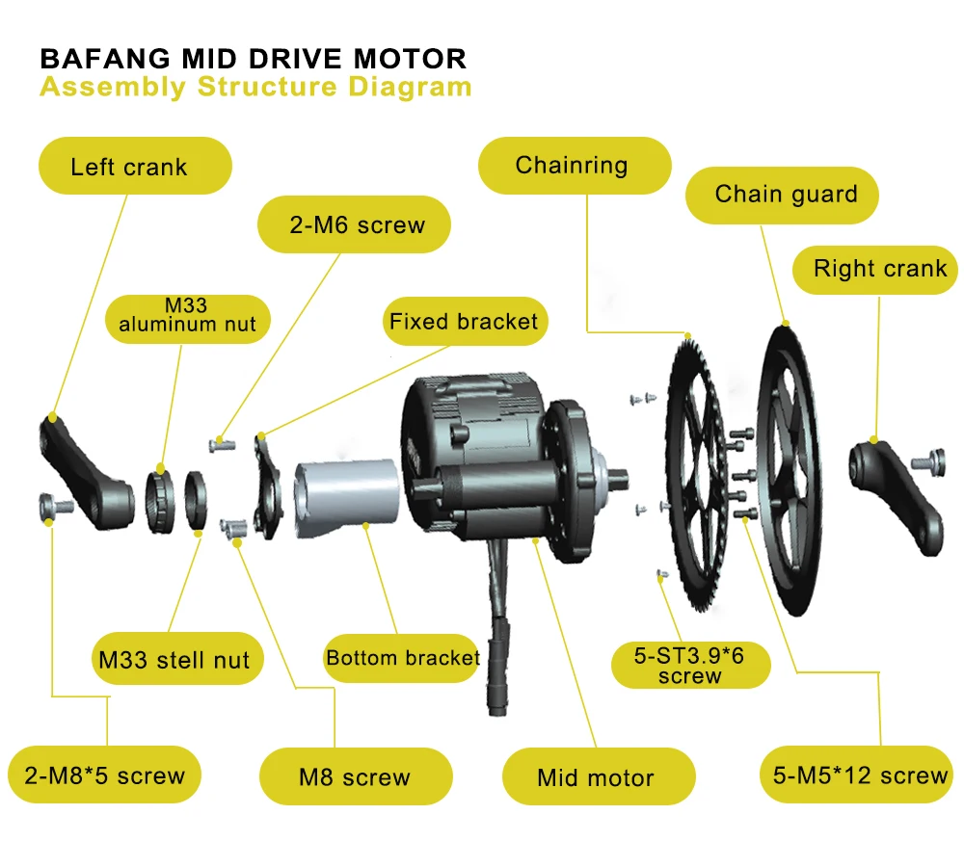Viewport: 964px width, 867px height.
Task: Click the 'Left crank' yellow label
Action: pyautogui.click(x=134, y=166)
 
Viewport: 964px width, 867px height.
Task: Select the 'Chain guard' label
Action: pyautogui.click(x=784, y=195)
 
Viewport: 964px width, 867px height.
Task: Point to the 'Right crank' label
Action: pyautogui.click(x=878, y=269)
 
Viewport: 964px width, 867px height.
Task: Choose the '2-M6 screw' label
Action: pyautogui.click(x=356, y=225)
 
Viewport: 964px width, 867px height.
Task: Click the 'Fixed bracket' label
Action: pyautogui.click(x=463, y=321)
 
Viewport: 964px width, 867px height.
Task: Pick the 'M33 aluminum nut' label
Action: pyautogui.click(x=187, y=315)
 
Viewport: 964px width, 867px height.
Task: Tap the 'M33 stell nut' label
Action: pyautogui.click(x=174, y=660)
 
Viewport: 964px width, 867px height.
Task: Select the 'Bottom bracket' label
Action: pyautogui.click(x=402, y=658)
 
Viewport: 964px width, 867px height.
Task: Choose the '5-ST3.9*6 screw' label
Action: pyautogui.click(x=690, y=666)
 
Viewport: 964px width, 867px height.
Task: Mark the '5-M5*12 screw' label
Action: pyautogui.click(x=860, y=775)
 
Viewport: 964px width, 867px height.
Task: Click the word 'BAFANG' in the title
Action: pyautogui.click(x=105, y=59)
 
